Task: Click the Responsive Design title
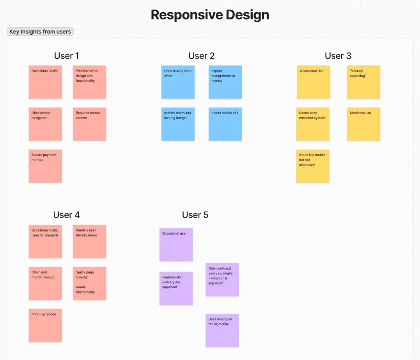click(210, 15)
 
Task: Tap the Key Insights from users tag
click(40, 32)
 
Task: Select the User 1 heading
click(66, 56)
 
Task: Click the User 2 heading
click(201, 56)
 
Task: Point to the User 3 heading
click(338, 56)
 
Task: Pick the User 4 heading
click(66, 215)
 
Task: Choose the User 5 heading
click(195, 215)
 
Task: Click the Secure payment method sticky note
click(45, 166)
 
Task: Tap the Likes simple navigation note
click(45, 124)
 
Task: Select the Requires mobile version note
click(89, 124)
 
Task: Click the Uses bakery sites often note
click(178, 82)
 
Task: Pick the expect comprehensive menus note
click(225, 82)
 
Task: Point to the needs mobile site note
click(225, 124)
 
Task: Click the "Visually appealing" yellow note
click(363, 82)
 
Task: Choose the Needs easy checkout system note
click(313, 124)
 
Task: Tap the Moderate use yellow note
click(363, 124)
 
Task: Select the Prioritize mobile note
click(45, 325)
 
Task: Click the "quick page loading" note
click(89, 283)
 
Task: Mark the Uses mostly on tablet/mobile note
click(222, 330)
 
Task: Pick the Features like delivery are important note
click(176, 288)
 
